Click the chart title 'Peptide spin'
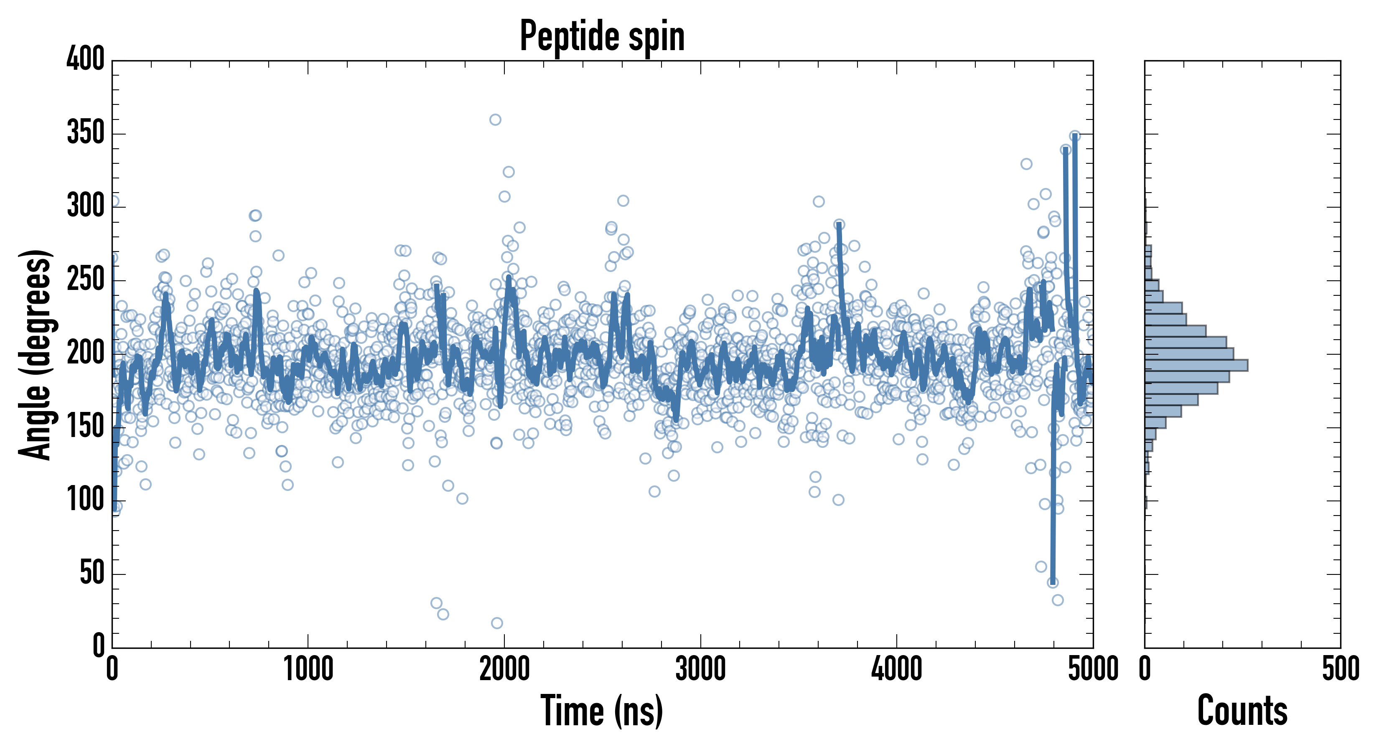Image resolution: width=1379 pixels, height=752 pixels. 602,36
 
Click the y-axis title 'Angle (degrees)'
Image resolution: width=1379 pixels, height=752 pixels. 36,354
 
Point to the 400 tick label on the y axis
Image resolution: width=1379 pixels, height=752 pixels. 86,59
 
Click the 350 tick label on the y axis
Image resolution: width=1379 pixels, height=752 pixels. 86,133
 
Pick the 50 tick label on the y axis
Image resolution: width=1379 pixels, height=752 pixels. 92,573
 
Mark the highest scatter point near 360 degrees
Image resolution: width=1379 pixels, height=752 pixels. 495,119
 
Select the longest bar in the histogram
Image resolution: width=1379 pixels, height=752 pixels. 1196,366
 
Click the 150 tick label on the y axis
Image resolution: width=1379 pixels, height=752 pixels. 86,427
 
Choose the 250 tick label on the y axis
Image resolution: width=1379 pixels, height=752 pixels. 86,279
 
